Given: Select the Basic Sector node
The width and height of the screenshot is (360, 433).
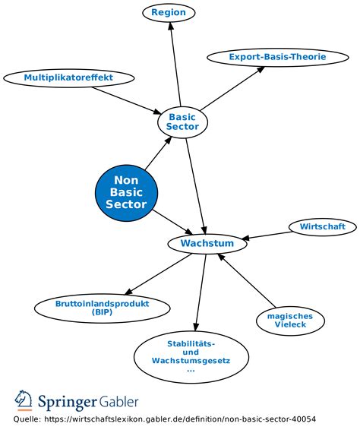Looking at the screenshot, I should click(182, 122).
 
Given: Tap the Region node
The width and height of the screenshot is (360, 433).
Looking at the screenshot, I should click(169, 13).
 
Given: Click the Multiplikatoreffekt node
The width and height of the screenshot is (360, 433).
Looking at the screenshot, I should click(69, 77).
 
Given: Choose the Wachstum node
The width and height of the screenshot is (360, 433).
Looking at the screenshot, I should click(207, 244).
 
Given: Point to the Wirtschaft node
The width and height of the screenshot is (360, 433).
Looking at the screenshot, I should click(322, 226).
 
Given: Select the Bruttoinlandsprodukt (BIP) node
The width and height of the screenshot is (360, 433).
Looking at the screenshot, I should click(102, 307).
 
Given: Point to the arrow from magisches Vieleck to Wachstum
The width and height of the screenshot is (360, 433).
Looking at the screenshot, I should click(245, 281).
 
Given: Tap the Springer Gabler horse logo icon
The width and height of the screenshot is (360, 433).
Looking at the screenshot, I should click(24, 400).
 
